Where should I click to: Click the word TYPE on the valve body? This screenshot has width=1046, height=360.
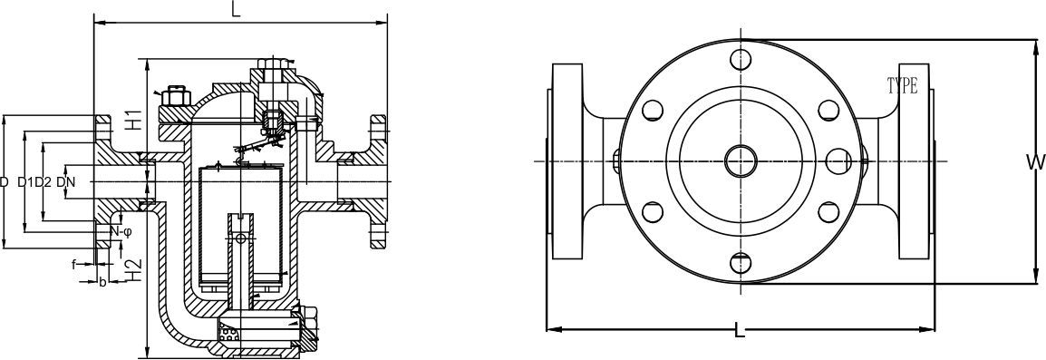pos(902,87)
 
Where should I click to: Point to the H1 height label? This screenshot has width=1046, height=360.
pos(132,118)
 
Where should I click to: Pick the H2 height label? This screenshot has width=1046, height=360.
pos(132,268)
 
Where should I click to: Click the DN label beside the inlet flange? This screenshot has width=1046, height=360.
pos(66,182)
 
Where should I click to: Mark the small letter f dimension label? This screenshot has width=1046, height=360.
pos(73,265)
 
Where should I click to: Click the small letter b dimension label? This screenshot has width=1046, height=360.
pos(102,283)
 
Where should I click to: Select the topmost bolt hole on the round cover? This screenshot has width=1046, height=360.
pos(741,60)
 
